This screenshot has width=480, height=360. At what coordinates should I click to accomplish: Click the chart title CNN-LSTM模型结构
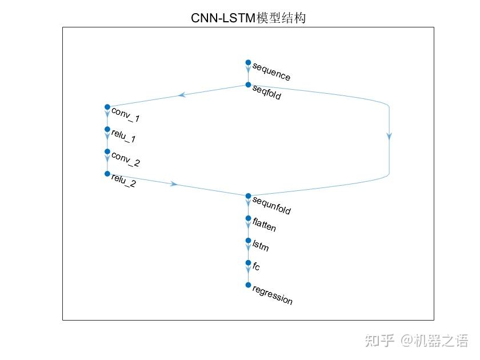tap(248, 18)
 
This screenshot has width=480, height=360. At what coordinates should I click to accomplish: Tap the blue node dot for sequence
tap(248, 62)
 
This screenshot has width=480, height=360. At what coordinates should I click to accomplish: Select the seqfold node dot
tap(248, 85)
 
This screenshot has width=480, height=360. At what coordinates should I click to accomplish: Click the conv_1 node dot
tap(107, 107)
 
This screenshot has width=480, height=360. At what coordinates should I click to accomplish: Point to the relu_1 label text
tap(123, 136)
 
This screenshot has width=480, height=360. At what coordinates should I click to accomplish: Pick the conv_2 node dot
tap(107, 151)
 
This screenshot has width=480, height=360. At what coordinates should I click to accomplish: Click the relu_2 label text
tap(123, 181)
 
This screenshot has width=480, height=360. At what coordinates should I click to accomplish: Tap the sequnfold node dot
tap(248, 196)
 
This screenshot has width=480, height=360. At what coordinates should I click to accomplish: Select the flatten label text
tap(264, 225)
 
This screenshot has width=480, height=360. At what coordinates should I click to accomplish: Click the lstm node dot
tap(248, 241)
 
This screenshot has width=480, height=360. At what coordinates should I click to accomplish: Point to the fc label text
tap(256, 266)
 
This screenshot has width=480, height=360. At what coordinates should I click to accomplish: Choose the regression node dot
tap(248, 285)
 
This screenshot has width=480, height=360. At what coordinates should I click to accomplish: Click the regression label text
tap(272, 295)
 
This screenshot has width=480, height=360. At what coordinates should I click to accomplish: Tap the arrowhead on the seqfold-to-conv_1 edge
tap(182, 95)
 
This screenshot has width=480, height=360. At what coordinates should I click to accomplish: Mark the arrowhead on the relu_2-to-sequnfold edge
tap(174, 183)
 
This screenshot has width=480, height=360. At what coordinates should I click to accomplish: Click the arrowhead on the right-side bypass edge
tap(389, 136)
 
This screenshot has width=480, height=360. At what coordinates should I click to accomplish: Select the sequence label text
tap(271, 72)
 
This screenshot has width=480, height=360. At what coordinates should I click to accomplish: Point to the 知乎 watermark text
tap(379, 341)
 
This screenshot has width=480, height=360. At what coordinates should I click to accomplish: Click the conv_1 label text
tap(126, 115)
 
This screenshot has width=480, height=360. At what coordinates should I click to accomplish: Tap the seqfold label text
tap(267, 92)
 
